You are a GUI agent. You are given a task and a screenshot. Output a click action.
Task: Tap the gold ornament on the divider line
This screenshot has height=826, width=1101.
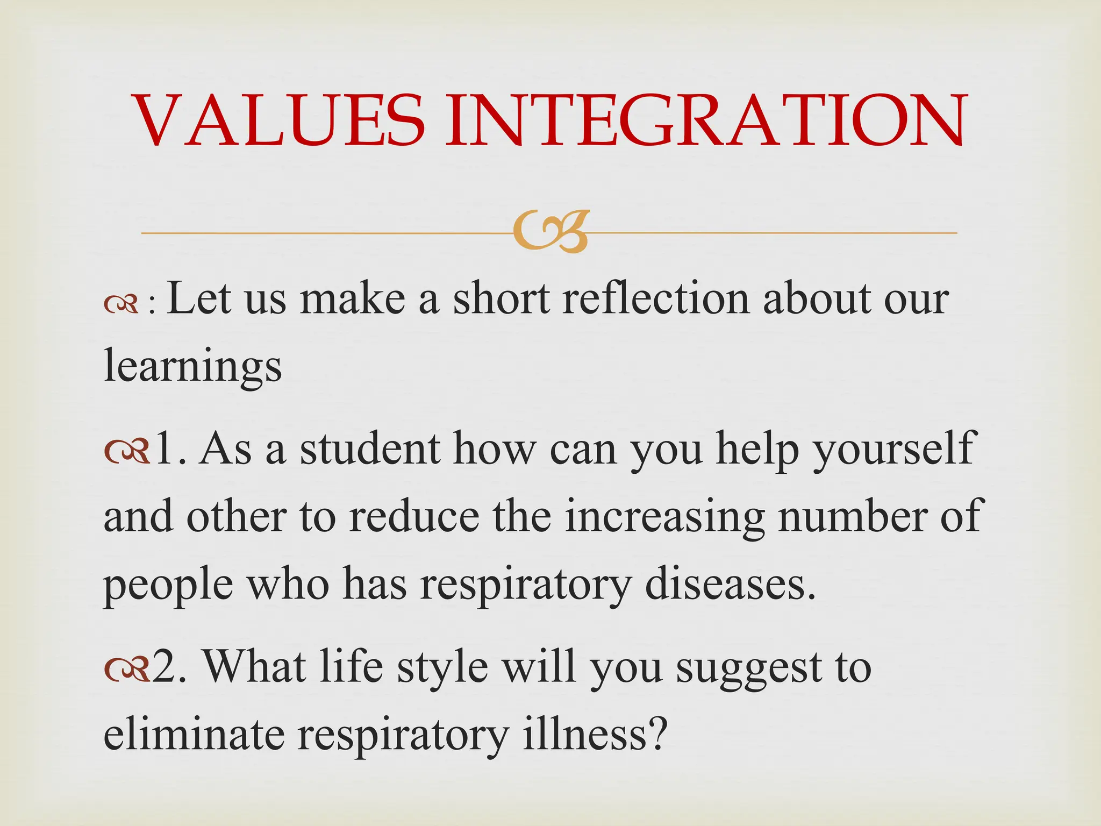pyautogui.click(x=550, y=232)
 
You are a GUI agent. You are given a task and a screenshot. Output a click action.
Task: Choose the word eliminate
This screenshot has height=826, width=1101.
pyautogui.click(x=194, y=735)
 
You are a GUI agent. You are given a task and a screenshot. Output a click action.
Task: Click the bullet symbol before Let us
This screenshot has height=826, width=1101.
pyautogui.click(x=121, y=306)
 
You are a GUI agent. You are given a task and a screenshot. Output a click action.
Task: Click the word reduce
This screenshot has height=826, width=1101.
pyautogui.click(x=413, y=516)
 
